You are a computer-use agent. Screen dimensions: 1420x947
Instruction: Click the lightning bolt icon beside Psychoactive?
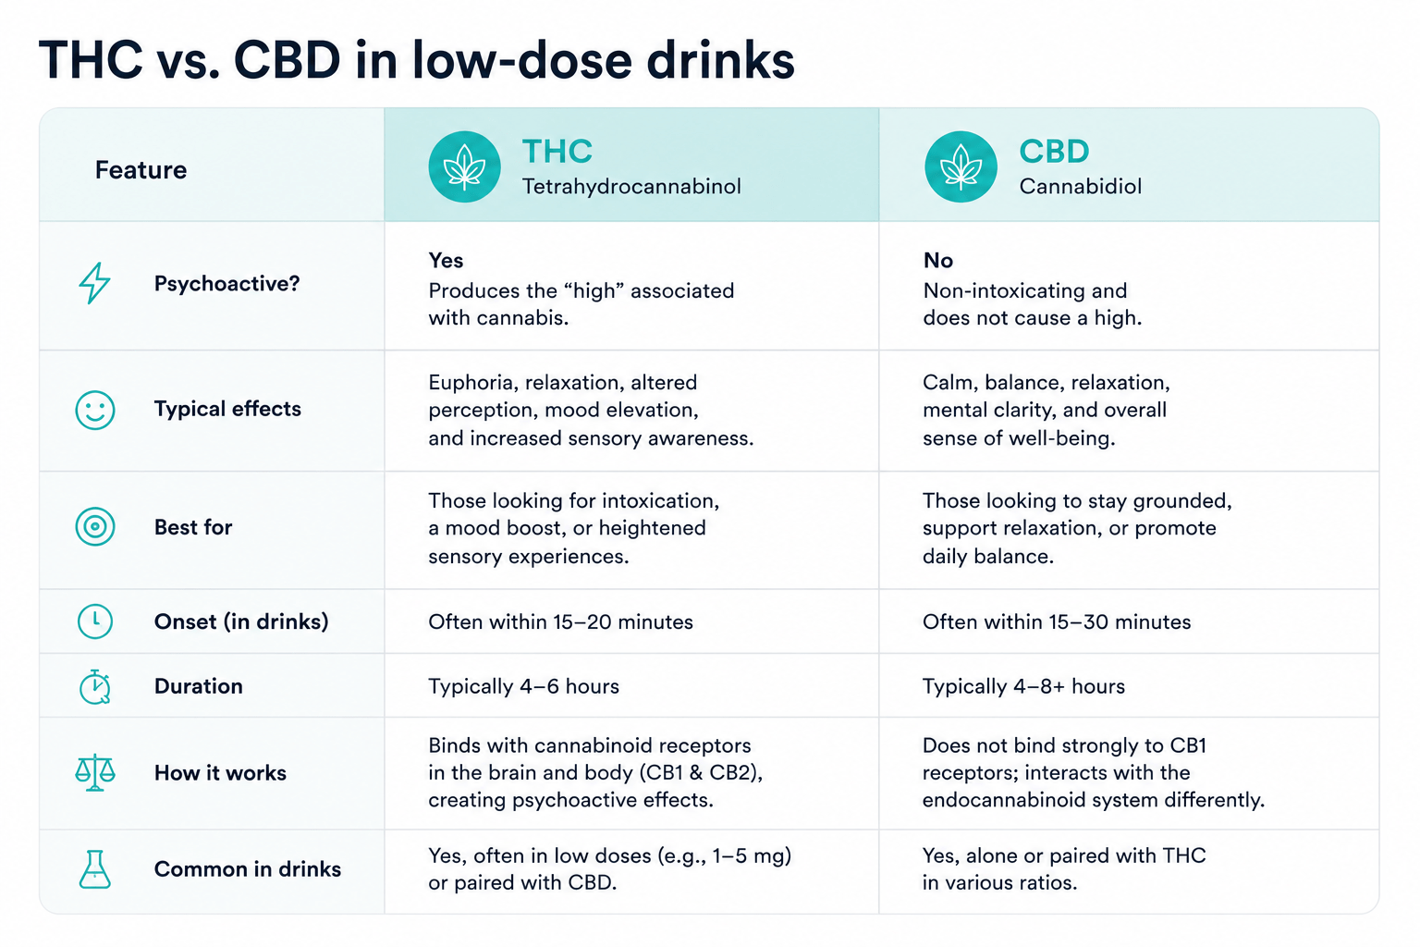point(93,283)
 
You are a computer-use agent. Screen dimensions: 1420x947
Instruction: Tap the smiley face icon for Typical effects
point(95,410)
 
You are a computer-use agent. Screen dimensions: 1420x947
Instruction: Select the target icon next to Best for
point(95,526)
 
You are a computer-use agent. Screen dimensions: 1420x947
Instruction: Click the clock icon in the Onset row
point(95,621)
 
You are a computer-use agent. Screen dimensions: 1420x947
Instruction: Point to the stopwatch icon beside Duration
point(95,687)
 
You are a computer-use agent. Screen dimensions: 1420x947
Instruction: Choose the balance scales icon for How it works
point(95,772)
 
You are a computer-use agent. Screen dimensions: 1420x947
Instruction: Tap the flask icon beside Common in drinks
point(95,869)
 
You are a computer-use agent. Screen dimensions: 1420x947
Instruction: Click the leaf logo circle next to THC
point(465,166)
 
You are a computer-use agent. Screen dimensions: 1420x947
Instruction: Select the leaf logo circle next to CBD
point(961,166)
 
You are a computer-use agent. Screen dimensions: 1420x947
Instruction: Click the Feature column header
point(141,170)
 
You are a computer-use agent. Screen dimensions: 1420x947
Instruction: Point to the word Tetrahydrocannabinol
point(631,187)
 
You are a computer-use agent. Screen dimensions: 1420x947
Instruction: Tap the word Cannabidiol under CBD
point(1080,187)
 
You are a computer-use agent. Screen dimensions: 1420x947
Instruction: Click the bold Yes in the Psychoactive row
point(446,260)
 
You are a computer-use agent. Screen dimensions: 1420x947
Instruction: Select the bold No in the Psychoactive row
point(938,260)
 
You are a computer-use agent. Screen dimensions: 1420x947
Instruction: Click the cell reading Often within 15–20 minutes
point(560,621)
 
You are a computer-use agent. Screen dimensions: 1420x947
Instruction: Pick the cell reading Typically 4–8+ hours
point(1023,686)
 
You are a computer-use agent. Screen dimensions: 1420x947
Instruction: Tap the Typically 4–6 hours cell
point(523,686)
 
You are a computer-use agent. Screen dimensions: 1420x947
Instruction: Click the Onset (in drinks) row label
point(241,621)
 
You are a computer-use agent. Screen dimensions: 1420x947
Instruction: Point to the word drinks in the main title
point(720,61)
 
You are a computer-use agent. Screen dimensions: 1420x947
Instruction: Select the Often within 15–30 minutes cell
point(1057,621)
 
